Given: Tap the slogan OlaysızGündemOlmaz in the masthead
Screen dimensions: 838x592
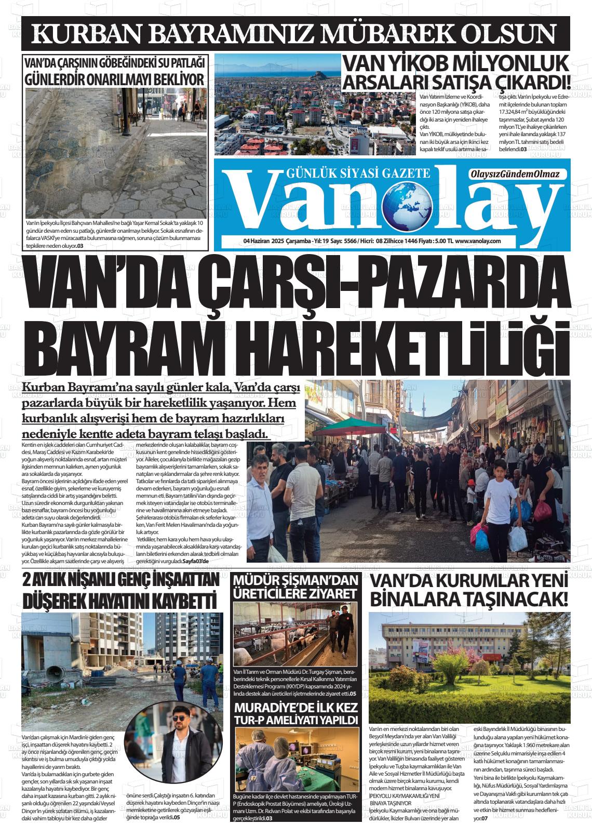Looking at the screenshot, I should point(514,175).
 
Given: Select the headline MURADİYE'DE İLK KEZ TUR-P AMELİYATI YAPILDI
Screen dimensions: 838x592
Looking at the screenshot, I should point(296,714).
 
